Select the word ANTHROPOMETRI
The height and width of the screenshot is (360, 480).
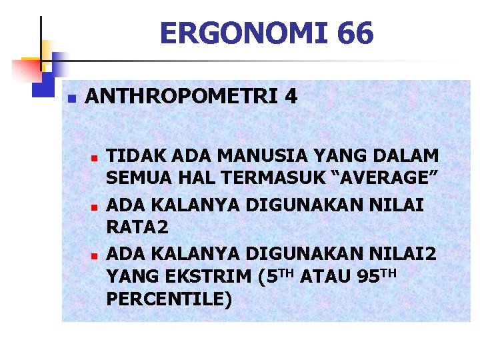(180, 97)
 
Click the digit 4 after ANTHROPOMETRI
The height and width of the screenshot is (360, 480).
(290, 97)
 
